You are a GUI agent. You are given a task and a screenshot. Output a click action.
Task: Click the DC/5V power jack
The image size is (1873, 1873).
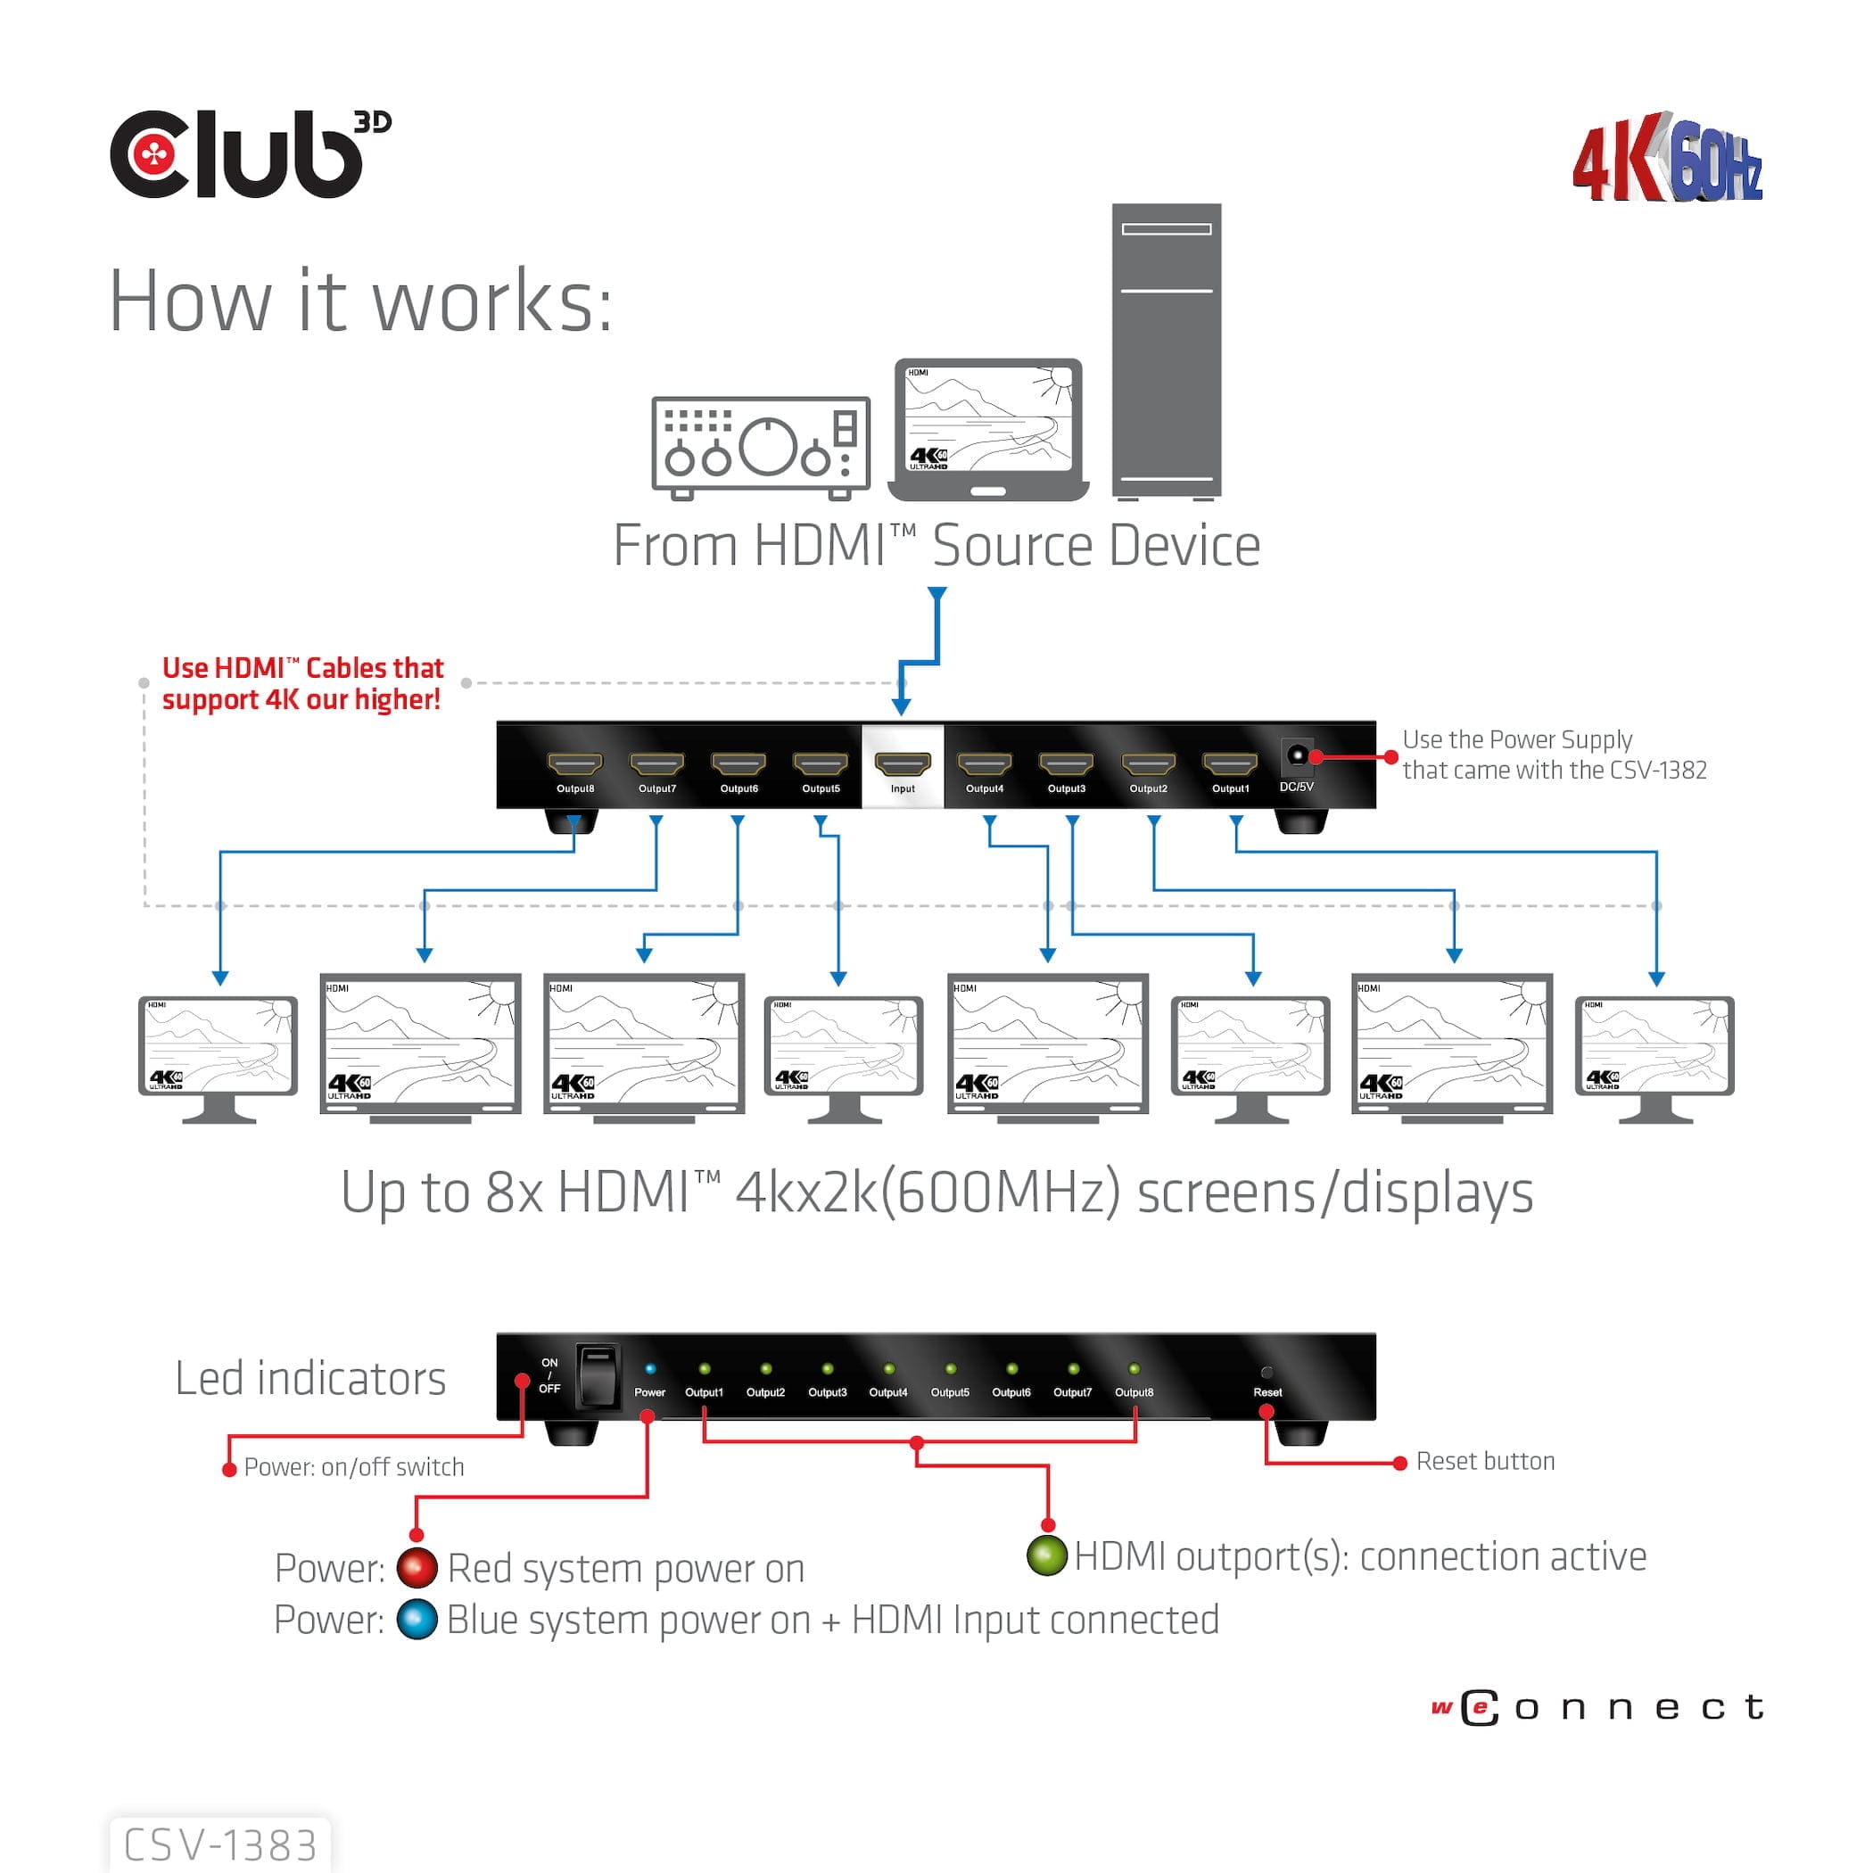click(1296, 755)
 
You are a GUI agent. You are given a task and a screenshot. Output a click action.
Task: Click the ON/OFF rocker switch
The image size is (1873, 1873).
click(598, 1375)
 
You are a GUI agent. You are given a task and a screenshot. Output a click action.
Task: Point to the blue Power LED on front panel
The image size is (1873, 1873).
click(649, 1369)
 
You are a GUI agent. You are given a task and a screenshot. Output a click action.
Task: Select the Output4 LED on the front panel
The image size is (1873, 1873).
click(888, 1369)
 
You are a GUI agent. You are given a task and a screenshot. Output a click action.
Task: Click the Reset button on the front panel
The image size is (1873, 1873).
click(1267, 1372)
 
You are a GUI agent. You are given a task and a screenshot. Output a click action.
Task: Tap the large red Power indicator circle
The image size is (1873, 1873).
click(417, 1568)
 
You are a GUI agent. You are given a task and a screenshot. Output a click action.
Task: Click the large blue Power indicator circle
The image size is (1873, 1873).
click(417, 1620)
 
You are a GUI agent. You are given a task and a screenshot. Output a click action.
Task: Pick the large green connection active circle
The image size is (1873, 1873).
click(1047, 1555)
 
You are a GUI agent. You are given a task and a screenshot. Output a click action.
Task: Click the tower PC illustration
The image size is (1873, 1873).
click(1167, 351)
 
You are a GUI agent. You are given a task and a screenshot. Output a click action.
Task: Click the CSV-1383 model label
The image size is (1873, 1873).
click(221, 1844)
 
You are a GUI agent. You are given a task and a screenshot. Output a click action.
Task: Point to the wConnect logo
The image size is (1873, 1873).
click(1597, 1707)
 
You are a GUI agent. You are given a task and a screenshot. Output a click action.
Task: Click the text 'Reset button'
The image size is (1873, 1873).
click(1484, 1461)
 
